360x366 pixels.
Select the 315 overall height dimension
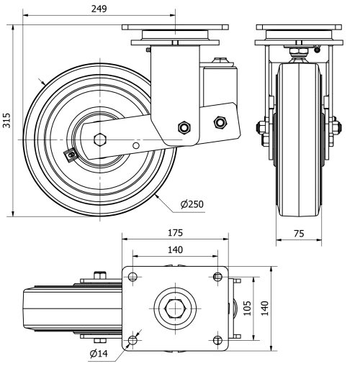[x=6, y=119]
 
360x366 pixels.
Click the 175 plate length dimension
[x=175, y=233]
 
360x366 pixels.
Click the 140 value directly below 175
[x=175, y=250]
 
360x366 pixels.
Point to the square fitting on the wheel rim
[x=71, y=154]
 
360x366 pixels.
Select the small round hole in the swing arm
[x=136, y=145]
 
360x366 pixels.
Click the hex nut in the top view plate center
[x=175, y=308]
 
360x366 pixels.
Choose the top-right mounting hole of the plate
[x=218, y=276]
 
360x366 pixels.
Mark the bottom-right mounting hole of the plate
[x=218, y=340]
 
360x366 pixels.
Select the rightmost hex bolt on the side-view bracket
[x=220, y=123]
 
